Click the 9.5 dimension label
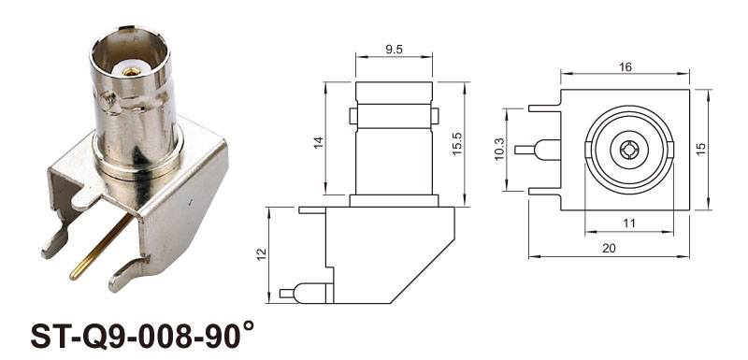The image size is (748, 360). (x=394, y=50)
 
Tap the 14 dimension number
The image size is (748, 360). (x=319, y=141)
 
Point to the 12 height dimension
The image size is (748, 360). (x=261, y=254)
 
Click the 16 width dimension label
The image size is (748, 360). (x=625, y=67)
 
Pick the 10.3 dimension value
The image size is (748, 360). (x=500, y=150)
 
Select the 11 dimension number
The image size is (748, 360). (x=629, y=223)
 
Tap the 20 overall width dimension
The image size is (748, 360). (x=610, y=249)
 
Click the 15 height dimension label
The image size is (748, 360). (x=700, y=150)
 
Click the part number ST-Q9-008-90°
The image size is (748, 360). (x=142, y=334)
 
